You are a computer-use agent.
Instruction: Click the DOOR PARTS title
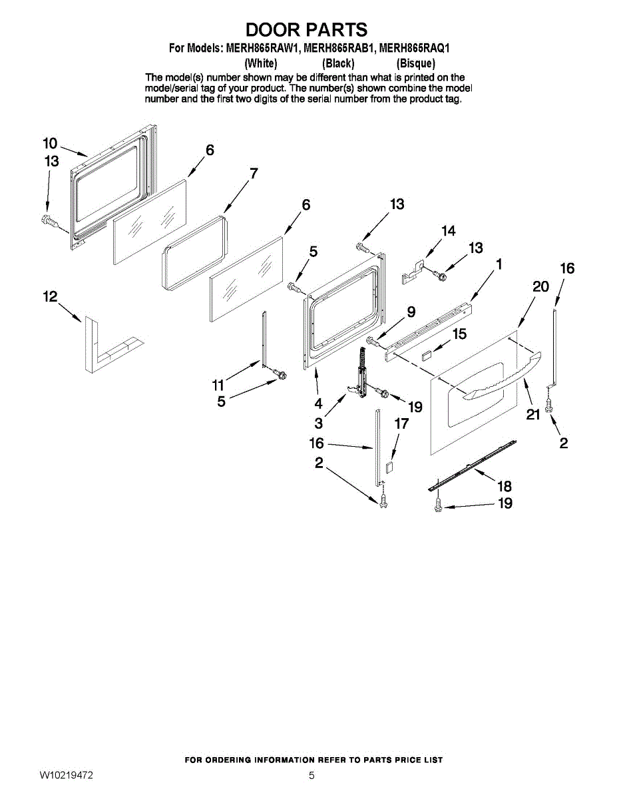tap(306, 29)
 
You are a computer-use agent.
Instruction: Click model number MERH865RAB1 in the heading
tap(339, 48)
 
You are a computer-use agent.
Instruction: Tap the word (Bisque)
tap(416, 64)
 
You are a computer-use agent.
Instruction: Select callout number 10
tap(50, 143)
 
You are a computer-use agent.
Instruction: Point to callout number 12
tap(51, 297)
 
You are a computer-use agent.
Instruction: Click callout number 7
tap(253, 174)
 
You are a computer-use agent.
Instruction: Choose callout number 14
tap(449, 231)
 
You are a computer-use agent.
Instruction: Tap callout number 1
tap(499, 264)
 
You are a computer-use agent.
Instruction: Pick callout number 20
tap(540, 286)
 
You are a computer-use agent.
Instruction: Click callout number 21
tap(532, 415)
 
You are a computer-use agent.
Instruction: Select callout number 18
tap(505, 487)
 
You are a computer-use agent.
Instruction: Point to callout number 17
tap(401, 423)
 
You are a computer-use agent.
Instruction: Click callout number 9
tap(411, 311)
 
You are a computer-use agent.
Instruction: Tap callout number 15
tap(459, 335)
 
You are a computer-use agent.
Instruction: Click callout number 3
tap(319, 422)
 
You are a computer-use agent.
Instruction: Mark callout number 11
tap(218, 384)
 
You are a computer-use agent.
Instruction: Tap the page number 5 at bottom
tap(311, 776)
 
